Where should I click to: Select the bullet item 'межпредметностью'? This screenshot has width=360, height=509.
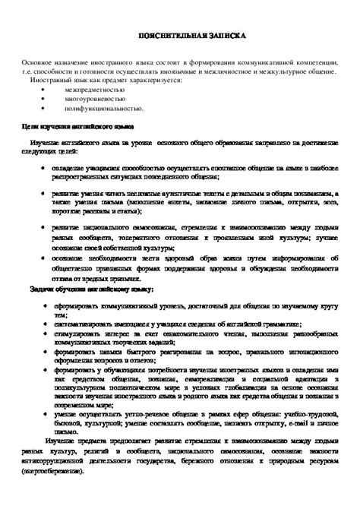click(x=96, y=88)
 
